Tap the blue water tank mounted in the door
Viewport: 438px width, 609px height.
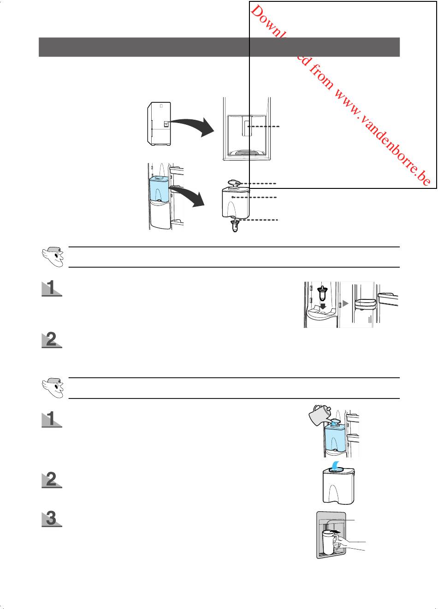160,189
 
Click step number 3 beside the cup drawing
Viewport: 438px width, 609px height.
52,519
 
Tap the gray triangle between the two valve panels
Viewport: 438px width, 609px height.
345,304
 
